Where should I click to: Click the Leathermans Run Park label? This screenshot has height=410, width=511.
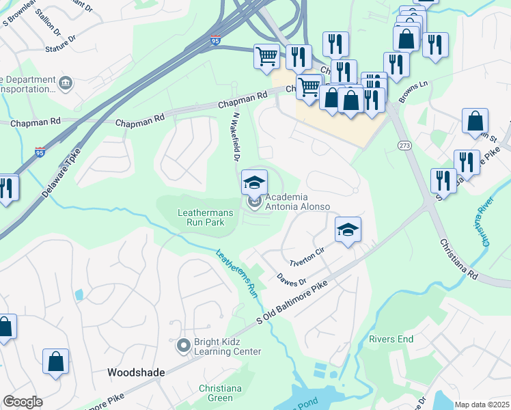(x=206, y=217)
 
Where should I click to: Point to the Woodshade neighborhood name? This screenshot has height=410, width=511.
(x=136, y=372)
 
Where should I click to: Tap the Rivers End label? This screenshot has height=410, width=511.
(x=391, y=339)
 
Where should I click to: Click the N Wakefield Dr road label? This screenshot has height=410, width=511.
(x=234, y=137)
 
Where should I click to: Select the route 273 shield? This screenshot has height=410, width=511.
(x=404, y=146)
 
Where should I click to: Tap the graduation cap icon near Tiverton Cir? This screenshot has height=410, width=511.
(x=348, y=230)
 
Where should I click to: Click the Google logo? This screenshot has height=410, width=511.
(x=23, y=402)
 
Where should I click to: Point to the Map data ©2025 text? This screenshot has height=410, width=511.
(x=482, y=405)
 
